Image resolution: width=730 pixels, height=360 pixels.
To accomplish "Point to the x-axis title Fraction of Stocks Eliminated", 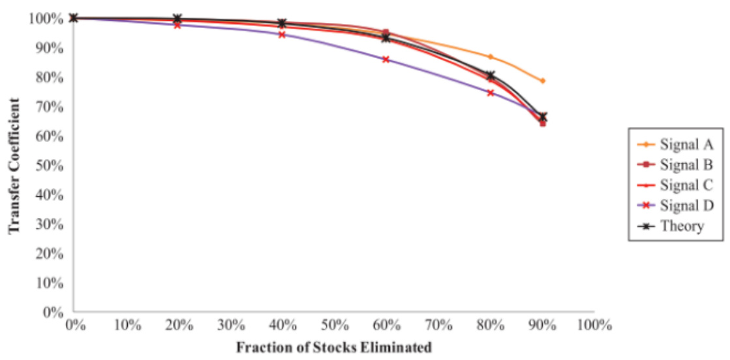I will [333, 346].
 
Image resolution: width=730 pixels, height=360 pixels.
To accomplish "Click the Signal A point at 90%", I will [542, 81].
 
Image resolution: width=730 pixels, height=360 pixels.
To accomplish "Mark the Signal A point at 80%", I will [491, 57].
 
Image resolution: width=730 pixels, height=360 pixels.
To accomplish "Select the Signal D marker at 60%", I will [386, 59].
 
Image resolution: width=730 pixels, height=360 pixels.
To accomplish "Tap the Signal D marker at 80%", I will [491, 93].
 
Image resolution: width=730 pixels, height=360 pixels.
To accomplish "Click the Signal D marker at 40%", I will [282, 35].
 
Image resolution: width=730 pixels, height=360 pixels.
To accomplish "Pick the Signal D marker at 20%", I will [177, 25].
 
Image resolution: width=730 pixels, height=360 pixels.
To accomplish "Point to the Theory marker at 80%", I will [491, 76].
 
